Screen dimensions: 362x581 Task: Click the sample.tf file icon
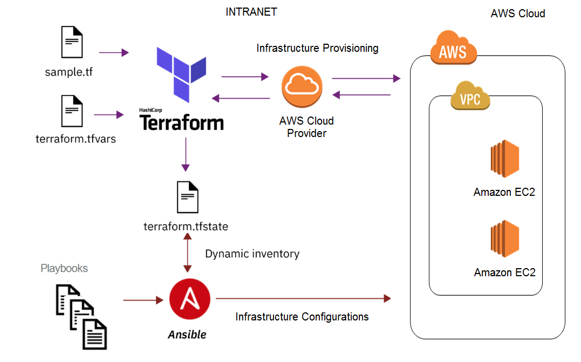[x=72, y=44]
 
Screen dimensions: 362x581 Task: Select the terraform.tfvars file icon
[x=72, y=112]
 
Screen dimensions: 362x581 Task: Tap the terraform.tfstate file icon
[x=187, y=197]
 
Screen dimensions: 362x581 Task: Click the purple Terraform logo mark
[x=181, y=74]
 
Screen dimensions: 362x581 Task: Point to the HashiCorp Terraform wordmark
[x=182, y=121]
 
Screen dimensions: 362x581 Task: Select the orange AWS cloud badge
[x=453, y=50]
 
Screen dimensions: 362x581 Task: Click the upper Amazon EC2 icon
[x=504, y=160]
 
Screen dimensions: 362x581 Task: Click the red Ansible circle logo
[x=188, y=299]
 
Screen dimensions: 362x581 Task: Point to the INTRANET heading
[x=251, y=12]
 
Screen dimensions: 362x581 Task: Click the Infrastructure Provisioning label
[x=317, y=49]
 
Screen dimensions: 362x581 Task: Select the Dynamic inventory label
[x=252, y=254]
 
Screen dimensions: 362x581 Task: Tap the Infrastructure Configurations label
[x=302, y=317]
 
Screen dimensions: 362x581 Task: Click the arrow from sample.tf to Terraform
[x=114, y=52]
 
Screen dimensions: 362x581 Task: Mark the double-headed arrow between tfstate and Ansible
[x=188, y=254]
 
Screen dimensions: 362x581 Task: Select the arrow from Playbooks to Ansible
[x=143, y=299]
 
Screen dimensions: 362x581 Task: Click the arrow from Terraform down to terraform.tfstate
[x=186, y=154]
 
